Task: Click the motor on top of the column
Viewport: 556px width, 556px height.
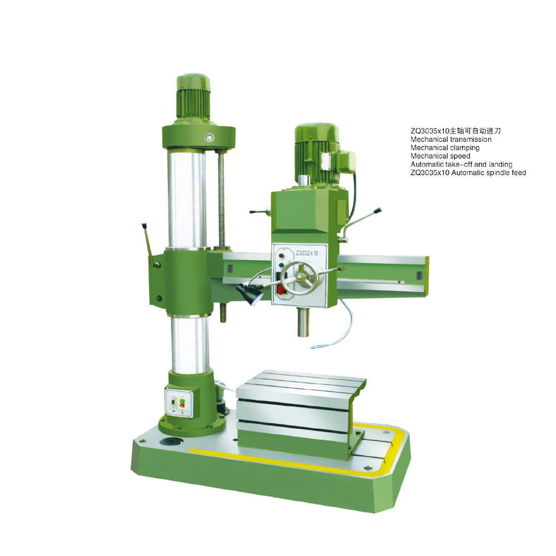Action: click(193, 97)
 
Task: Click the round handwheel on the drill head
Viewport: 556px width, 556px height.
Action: click(300, 279)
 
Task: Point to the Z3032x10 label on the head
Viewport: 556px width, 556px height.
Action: click(307, 253)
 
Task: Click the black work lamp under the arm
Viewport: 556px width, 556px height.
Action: click(249, 293)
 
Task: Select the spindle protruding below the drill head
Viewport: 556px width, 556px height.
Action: click(303, 322)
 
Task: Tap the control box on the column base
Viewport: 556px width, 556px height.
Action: click(180, 403)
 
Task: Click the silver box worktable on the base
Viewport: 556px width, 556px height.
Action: click(301, 414)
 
